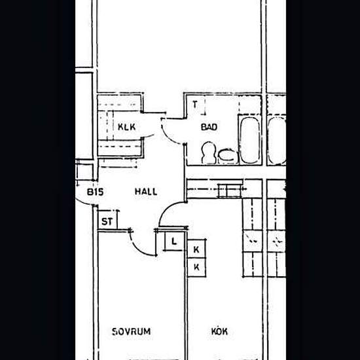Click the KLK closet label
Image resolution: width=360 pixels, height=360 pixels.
point(126,127)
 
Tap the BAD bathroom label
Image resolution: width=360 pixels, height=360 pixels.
point(209,127)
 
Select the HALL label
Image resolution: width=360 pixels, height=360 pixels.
point(146,192)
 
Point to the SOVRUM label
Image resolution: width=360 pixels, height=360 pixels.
point(132,332)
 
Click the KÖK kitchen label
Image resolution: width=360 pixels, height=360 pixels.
point(219,331)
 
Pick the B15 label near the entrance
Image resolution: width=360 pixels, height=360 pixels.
point(96,192)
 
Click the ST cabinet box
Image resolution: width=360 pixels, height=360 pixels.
point(107,220)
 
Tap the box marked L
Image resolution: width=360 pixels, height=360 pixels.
point(175,241)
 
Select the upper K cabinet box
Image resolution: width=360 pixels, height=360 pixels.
point(196,249)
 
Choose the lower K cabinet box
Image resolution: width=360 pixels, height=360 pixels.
point(196,267)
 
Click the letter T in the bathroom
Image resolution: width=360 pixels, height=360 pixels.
point(195,105)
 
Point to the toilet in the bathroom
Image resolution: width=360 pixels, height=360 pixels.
point(208,153)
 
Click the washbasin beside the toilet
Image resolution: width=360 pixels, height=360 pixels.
point(227,155)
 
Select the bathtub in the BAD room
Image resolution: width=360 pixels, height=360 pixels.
point(250,140)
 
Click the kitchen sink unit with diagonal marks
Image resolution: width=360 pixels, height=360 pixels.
point(253,241)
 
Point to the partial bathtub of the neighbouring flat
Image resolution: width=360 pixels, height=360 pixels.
point(277,140)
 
